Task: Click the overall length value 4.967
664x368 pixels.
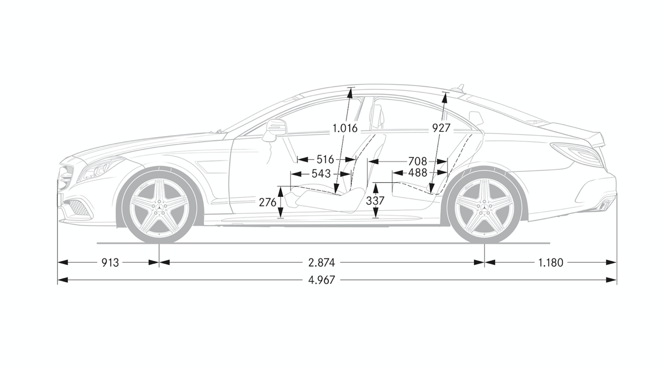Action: click(322, 280)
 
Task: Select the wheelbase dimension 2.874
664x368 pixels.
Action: click(322, 263)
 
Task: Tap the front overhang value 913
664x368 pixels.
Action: click(110, 263)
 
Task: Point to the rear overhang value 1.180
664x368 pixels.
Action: click(550, 263)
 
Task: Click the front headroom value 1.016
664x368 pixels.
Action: click(345, 128)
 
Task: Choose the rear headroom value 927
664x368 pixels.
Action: click(441, 128)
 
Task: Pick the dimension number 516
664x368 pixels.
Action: click(325, 159)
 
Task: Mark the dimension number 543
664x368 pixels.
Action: click(321, 173)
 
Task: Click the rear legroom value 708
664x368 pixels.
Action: click(418, 161)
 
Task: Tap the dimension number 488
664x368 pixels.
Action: click(418, 173)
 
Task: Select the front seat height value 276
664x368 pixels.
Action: click(267, 202)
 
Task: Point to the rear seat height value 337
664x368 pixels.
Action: click(375, 201)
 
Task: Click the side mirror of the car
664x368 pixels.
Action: click(275, 130)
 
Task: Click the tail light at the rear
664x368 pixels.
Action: click(576, 154)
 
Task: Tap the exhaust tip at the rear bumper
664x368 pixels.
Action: click(603, 205)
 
